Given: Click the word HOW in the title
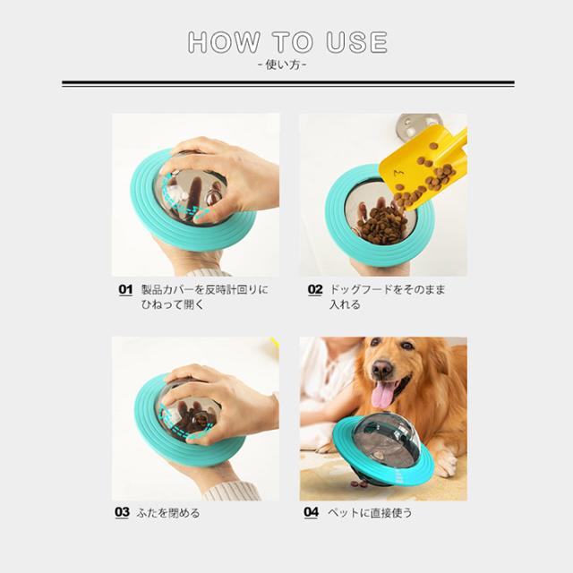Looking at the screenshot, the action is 224,42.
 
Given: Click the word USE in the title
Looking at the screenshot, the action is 356,42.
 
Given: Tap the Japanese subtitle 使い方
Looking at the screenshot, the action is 283,65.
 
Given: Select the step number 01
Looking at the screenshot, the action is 125,289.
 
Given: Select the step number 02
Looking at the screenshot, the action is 315,289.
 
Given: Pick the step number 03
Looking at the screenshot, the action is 122,512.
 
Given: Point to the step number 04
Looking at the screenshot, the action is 312,512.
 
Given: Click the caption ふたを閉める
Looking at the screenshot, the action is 168,513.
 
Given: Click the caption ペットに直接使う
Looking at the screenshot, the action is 370,513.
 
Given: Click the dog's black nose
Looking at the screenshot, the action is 382,370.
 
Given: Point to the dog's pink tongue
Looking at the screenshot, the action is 382,395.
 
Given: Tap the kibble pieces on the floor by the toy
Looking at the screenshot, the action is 359,483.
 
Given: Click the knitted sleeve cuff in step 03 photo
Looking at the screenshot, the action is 232,491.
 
